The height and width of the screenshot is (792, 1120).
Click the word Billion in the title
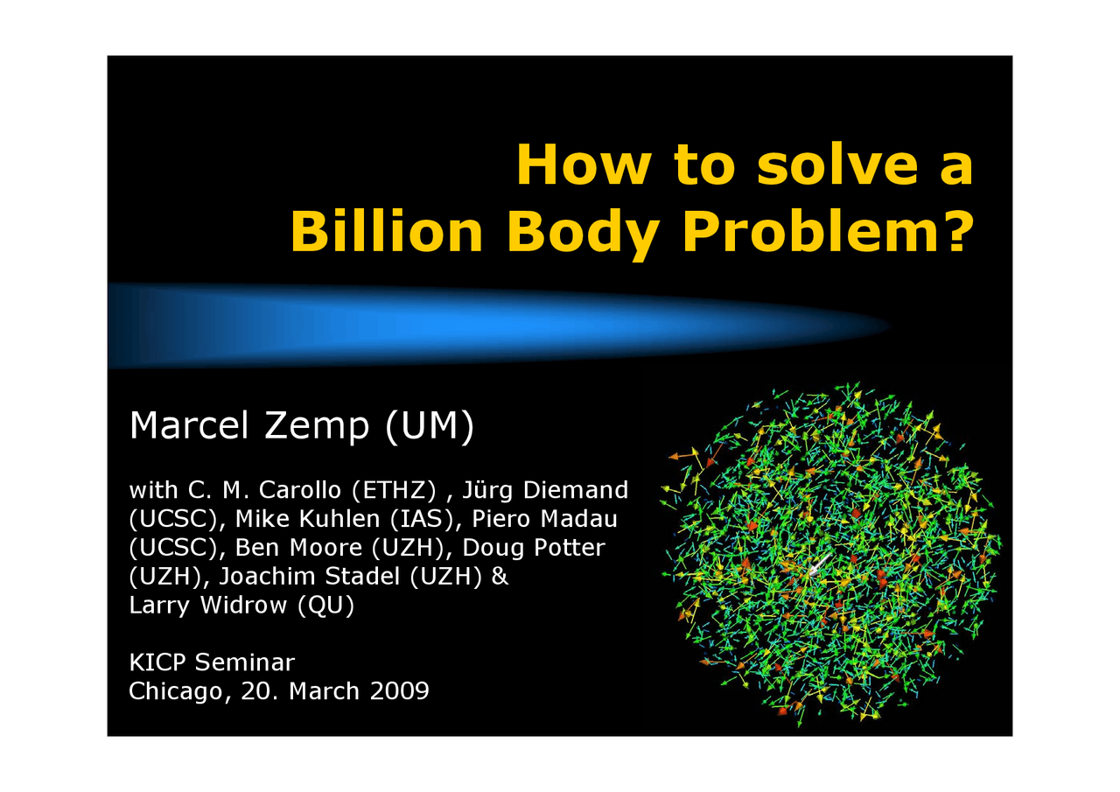(x=387, y=231)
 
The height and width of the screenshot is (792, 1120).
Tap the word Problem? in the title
(x=829, y=231)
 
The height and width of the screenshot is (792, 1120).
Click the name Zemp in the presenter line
(x=317, y=426)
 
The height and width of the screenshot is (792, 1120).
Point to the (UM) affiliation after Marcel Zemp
(x=430, y=426)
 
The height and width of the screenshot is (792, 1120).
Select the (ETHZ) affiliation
(x=394, y=491)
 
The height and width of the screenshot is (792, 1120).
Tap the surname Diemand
(x=575, y=490)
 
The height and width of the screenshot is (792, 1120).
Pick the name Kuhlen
(x=339, y=519)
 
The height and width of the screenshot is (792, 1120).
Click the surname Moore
(x=325, y=548)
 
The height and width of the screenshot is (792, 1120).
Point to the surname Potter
(x=570, y=548)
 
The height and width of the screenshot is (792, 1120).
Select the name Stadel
(x=362, y=577)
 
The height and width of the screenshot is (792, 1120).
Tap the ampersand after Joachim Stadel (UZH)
(x=500, y=577)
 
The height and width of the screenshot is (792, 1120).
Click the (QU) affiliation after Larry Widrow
(x=326, y=606)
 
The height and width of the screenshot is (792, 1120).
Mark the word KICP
(x=157, y=663)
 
